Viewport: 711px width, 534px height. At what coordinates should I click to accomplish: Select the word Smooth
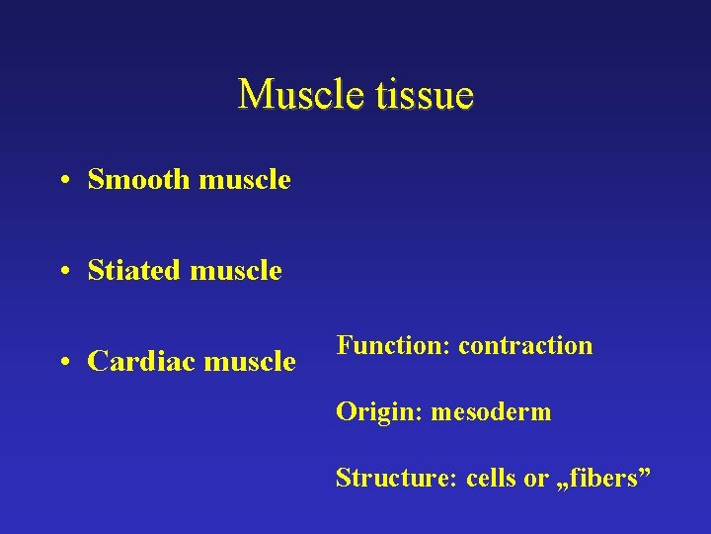(138, 180)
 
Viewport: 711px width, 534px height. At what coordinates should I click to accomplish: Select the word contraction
(525, 345)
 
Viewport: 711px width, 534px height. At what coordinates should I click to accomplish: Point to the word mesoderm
(491, 411)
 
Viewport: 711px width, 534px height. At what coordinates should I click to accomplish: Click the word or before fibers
(536, 479)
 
